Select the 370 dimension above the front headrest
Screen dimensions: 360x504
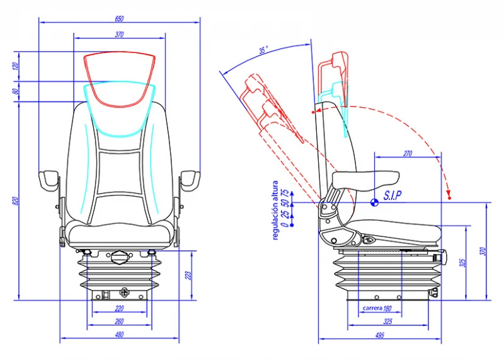point(120,35)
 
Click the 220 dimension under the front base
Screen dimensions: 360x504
point(120,309)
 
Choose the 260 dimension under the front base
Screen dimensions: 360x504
point(120,322)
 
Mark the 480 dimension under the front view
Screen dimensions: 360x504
point(120,335)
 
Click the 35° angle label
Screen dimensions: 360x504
point(263,49)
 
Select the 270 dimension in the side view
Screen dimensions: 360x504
point(407,153)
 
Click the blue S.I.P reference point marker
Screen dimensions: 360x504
point(374,202)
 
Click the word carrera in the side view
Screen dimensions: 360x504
point(373,309)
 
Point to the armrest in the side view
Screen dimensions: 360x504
point(365,178)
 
